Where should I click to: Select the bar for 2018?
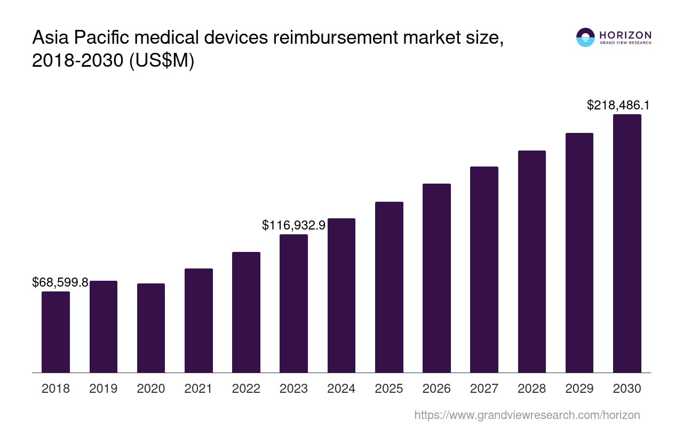tap(55, 331)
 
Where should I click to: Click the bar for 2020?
tap(151, 328)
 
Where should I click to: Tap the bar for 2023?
tap(293, 303)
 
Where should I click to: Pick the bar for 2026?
tap(436, 278)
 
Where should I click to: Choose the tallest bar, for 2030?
tap(627, 243)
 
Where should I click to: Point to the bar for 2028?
tap(531, 261)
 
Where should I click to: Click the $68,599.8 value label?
tap(60, 282)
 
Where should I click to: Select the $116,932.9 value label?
tap(293, 225)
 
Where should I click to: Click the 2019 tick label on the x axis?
tap(104, 389)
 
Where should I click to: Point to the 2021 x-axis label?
tap(198, 389)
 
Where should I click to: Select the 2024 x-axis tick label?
tap(341, 389)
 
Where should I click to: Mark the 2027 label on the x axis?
tap(484, 389)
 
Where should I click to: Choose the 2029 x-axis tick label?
tap(579, 389)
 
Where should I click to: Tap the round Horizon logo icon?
tap(585, 37)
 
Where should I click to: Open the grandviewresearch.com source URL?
tap(527, 415)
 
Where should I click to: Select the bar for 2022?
tap(246, 312)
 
